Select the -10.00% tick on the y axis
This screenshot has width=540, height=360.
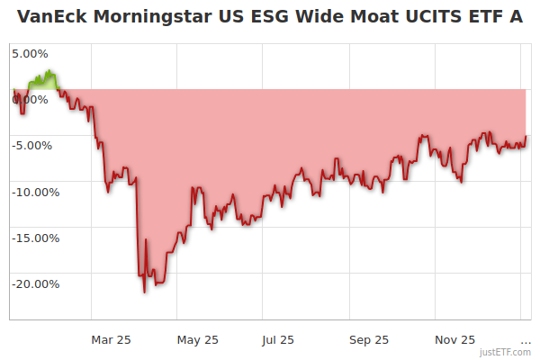click(x=34, y=192)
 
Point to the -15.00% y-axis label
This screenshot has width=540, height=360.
click(x=34, y=238)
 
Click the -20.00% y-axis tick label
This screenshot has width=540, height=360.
click(x=34, y=284)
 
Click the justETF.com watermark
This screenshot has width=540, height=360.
click(x=506, y=352)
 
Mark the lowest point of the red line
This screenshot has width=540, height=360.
click(x=145, y=292)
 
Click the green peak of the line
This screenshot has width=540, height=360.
click(x=49, y=71)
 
